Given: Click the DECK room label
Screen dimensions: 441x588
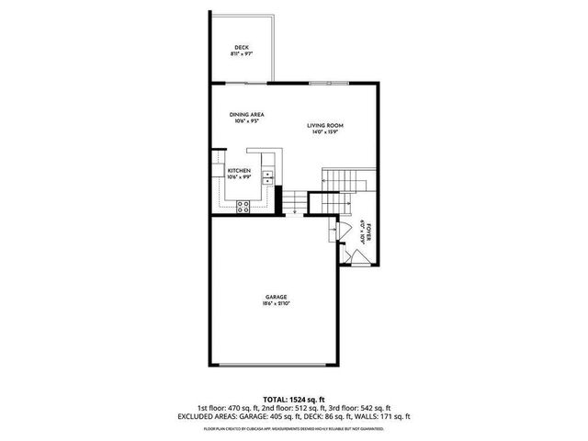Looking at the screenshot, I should point(242,47).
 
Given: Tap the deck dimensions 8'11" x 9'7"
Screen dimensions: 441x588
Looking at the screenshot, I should point(242,54).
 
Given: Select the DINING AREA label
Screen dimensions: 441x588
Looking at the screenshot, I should point(246,114).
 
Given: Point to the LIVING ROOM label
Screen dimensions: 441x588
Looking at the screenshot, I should point(325,125).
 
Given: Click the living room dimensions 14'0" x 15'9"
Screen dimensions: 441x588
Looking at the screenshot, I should point(325,132).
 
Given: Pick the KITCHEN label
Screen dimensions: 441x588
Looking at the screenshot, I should point(240,172).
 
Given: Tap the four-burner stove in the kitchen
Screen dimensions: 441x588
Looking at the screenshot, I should point(244,206).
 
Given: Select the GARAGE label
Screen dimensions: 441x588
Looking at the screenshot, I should point(277,297).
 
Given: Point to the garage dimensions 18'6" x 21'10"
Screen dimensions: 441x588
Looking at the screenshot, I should point(277,304).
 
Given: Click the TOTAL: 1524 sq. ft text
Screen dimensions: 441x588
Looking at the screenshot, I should point(294,400).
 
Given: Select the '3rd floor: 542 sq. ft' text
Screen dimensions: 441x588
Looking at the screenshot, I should point(362,408).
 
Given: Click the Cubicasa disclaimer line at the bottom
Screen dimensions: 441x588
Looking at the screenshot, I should point(294,427).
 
